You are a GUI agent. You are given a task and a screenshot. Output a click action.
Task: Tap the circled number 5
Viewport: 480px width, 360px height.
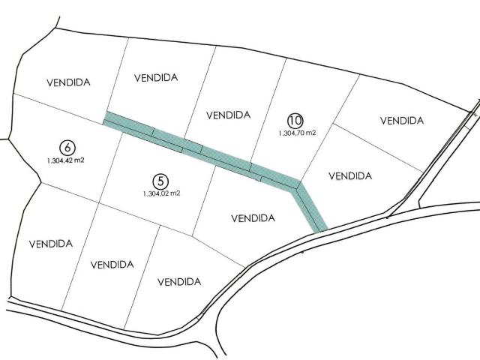coord(160,181)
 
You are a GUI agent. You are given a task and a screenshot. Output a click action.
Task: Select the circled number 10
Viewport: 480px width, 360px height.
coord(295,120)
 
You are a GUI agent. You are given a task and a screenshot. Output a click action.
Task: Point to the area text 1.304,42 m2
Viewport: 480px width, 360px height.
coord(65,160)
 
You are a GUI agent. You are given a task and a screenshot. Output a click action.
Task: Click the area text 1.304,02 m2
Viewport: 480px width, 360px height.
coord(161,193)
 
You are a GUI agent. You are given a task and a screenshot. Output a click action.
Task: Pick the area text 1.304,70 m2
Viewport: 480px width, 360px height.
coord(297,133)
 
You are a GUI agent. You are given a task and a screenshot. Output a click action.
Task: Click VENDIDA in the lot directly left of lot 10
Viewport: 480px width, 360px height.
coord(227,115)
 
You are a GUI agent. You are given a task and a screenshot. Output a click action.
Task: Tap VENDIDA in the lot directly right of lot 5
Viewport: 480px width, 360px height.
coord(253,219)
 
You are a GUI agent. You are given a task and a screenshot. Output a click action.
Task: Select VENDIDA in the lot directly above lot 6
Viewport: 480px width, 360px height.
coord(68,83)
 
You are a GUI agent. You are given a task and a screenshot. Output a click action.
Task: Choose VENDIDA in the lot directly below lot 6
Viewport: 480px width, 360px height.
coord(50,244)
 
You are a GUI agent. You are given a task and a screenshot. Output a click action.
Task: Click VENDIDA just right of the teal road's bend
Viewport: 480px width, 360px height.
coord(350,176)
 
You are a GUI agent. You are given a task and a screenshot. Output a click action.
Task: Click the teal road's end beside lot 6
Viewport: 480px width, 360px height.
coord(106,117)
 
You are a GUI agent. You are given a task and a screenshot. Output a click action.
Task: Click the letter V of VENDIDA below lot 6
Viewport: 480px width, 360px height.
coord(31,244)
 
